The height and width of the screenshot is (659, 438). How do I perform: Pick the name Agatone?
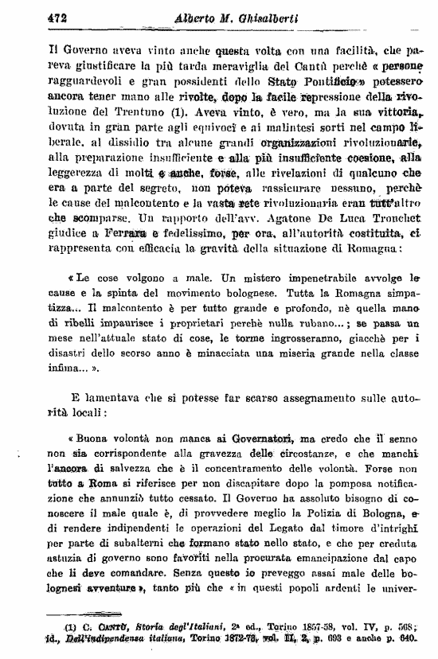click(x=306, y=218)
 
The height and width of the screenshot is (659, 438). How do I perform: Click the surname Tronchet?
click(x=393, y=218)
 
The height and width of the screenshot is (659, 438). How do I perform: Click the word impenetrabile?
click(x=299, y=279)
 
